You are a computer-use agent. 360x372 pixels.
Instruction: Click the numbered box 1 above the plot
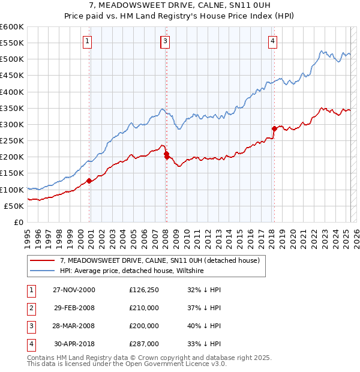click(88, 41)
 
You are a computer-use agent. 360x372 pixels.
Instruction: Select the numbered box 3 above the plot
click(164, 41)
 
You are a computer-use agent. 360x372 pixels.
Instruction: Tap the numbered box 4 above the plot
click(272, 41)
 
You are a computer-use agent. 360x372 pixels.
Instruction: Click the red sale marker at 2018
click(274, 128)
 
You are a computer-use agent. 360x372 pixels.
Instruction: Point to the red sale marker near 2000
click(89, 181)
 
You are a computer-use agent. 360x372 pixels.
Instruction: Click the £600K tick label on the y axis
click(12, 27)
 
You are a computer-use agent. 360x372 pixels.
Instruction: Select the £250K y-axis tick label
click(12, 140)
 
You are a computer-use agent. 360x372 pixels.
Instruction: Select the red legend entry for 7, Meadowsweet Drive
click(159, 260)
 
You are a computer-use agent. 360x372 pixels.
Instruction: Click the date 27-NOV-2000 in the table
click(74, 290)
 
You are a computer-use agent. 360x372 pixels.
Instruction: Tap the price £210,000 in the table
click(144, 308)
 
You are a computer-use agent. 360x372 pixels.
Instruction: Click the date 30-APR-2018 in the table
click(74, 344)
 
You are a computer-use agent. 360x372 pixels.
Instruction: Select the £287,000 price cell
click(144, 344)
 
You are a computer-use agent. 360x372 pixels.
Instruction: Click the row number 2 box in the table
click(29, 308)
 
